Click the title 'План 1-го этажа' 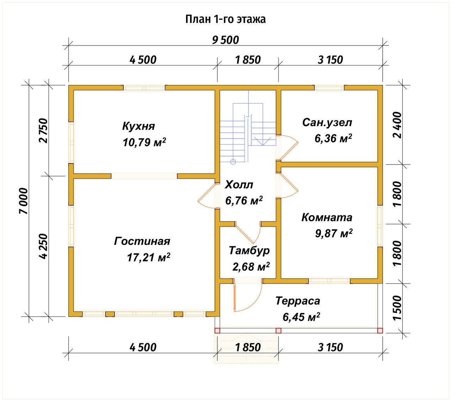click(x=225, y=19)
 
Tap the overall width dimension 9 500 click(x=225, y=40)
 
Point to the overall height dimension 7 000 click(x=24, y=201)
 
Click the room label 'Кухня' click(x=138, y=126)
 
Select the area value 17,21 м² click(x=148, y=257)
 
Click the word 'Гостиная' click(x=142, y=241)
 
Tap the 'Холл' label click(x=239, y=185)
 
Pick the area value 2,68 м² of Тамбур click(x=251, y=266)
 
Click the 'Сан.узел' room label click(x=327, y=123)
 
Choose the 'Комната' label click(x=327, y=217)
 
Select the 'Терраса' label click(x=298, y=301)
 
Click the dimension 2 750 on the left click(x=43, y=130)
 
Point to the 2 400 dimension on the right click(x=397, y=125)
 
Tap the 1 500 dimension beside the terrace click(x=397, y=308)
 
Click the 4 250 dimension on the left click(x=43, y=246)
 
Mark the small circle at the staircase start click(x=233, y=162)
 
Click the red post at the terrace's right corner click(x=380, y=331)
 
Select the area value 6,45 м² click(x=301, y=317)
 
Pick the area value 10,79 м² click(x=144, y=142)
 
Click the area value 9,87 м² click(x=334, y=233)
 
